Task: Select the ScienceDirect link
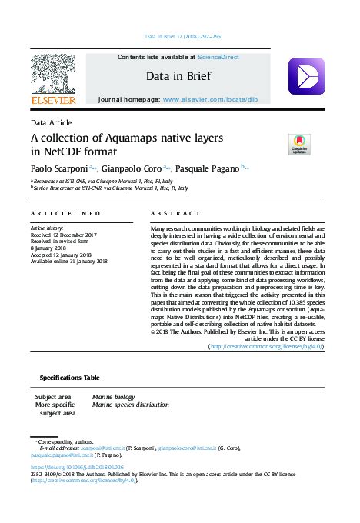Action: coord(218,57)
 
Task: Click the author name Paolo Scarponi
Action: coord(58,168)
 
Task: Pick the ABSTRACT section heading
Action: coord(175,212)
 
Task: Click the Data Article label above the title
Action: coord(51,122)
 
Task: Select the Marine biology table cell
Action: coord(113,396)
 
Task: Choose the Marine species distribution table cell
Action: coord(130,404)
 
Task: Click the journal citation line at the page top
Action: coord(183,36)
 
